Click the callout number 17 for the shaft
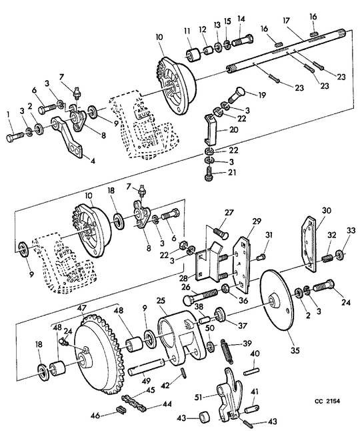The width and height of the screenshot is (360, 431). pos(286,21)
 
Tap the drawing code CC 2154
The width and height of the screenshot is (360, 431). pos(327,401)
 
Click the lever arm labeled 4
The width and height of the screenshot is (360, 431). pos(67,137)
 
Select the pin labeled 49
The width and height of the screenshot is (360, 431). pos(145,368)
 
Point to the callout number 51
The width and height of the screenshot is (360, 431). pos(198,397)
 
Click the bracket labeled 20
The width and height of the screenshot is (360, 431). pos(211,129)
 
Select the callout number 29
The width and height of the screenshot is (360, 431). pos(257,222)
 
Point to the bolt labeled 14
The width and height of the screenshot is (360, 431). pos(243,40)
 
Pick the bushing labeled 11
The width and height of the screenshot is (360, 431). pos(193,55)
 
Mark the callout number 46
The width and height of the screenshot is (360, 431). pos(95,415)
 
